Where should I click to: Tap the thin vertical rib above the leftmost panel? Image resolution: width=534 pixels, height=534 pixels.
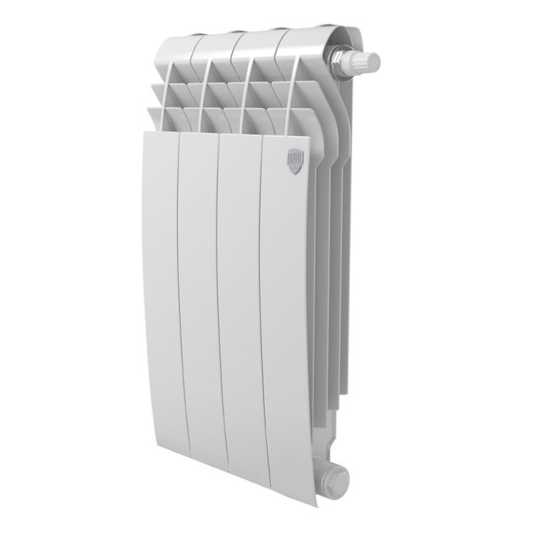point(169,100)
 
